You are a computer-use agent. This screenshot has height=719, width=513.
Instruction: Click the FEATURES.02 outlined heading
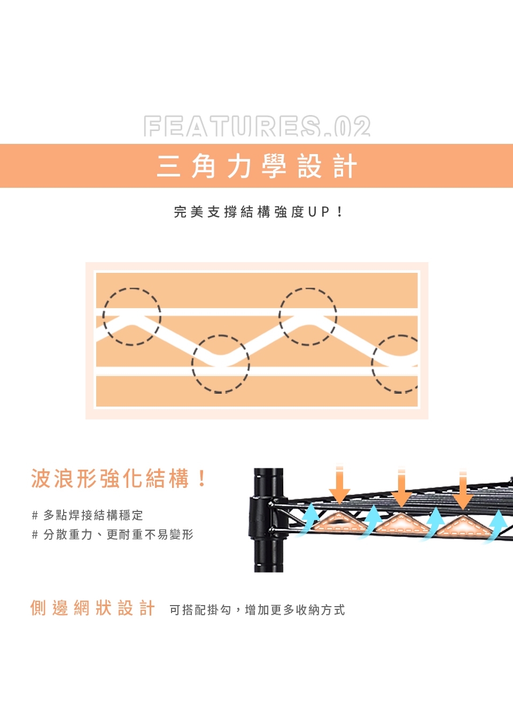click(257, 126)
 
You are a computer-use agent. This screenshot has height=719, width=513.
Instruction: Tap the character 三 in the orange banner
click(168, 166)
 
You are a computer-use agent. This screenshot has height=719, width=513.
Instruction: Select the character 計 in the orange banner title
click(345, 166)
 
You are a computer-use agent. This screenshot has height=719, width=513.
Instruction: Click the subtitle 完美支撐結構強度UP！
click(259, 212)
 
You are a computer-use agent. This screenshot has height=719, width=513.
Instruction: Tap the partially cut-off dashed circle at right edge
click(372, 364)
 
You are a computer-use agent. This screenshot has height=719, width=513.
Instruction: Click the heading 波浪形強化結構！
click(119, 478)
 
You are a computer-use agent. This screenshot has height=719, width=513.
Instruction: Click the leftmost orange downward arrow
click(339, 485)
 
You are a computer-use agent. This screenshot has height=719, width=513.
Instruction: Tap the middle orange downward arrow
click(401, 487)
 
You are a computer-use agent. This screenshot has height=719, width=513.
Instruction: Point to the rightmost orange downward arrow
click(463, 490)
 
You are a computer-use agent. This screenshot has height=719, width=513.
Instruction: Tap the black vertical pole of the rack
click(268, 520)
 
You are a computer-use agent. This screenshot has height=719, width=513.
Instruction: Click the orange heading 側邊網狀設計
click(92, 608)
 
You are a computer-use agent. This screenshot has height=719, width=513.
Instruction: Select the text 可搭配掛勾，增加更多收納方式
click(257, 610)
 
